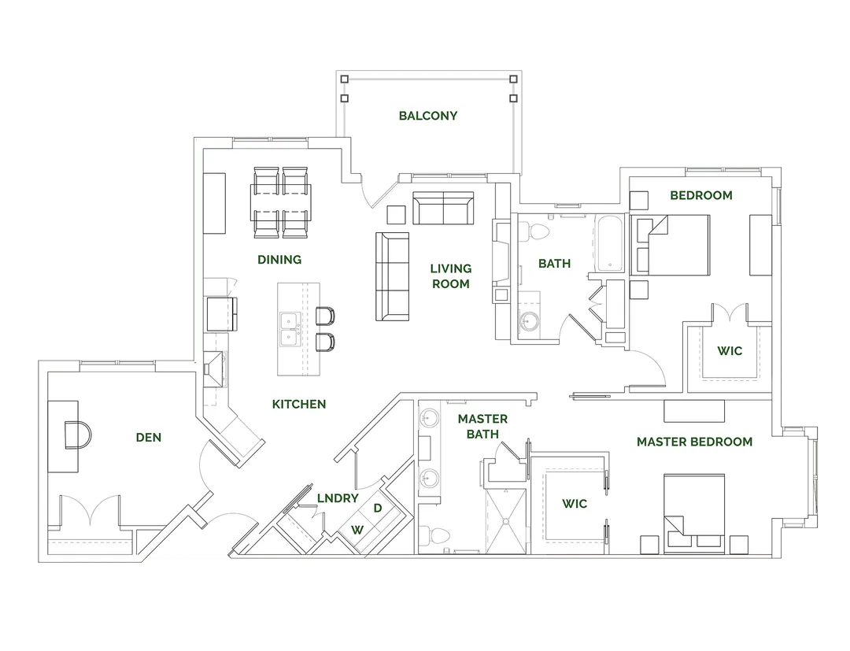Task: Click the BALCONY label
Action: coord(427,116)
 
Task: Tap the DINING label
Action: coord(279,259)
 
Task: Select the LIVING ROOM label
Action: coord(450,276)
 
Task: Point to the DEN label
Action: coord(148,437)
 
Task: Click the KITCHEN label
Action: coord(299,404)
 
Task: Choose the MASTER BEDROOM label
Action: coord(694,442)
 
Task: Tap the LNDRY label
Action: coord(338,498)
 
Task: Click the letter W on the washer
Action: coord(357,529)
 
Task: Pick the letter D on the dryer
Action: coord(378,508)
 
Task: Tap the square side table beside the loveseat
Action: coord(396,214)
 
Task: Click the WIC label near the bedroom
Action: coord(730,350)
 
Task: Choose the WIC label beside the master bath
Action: coord(575,503)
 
